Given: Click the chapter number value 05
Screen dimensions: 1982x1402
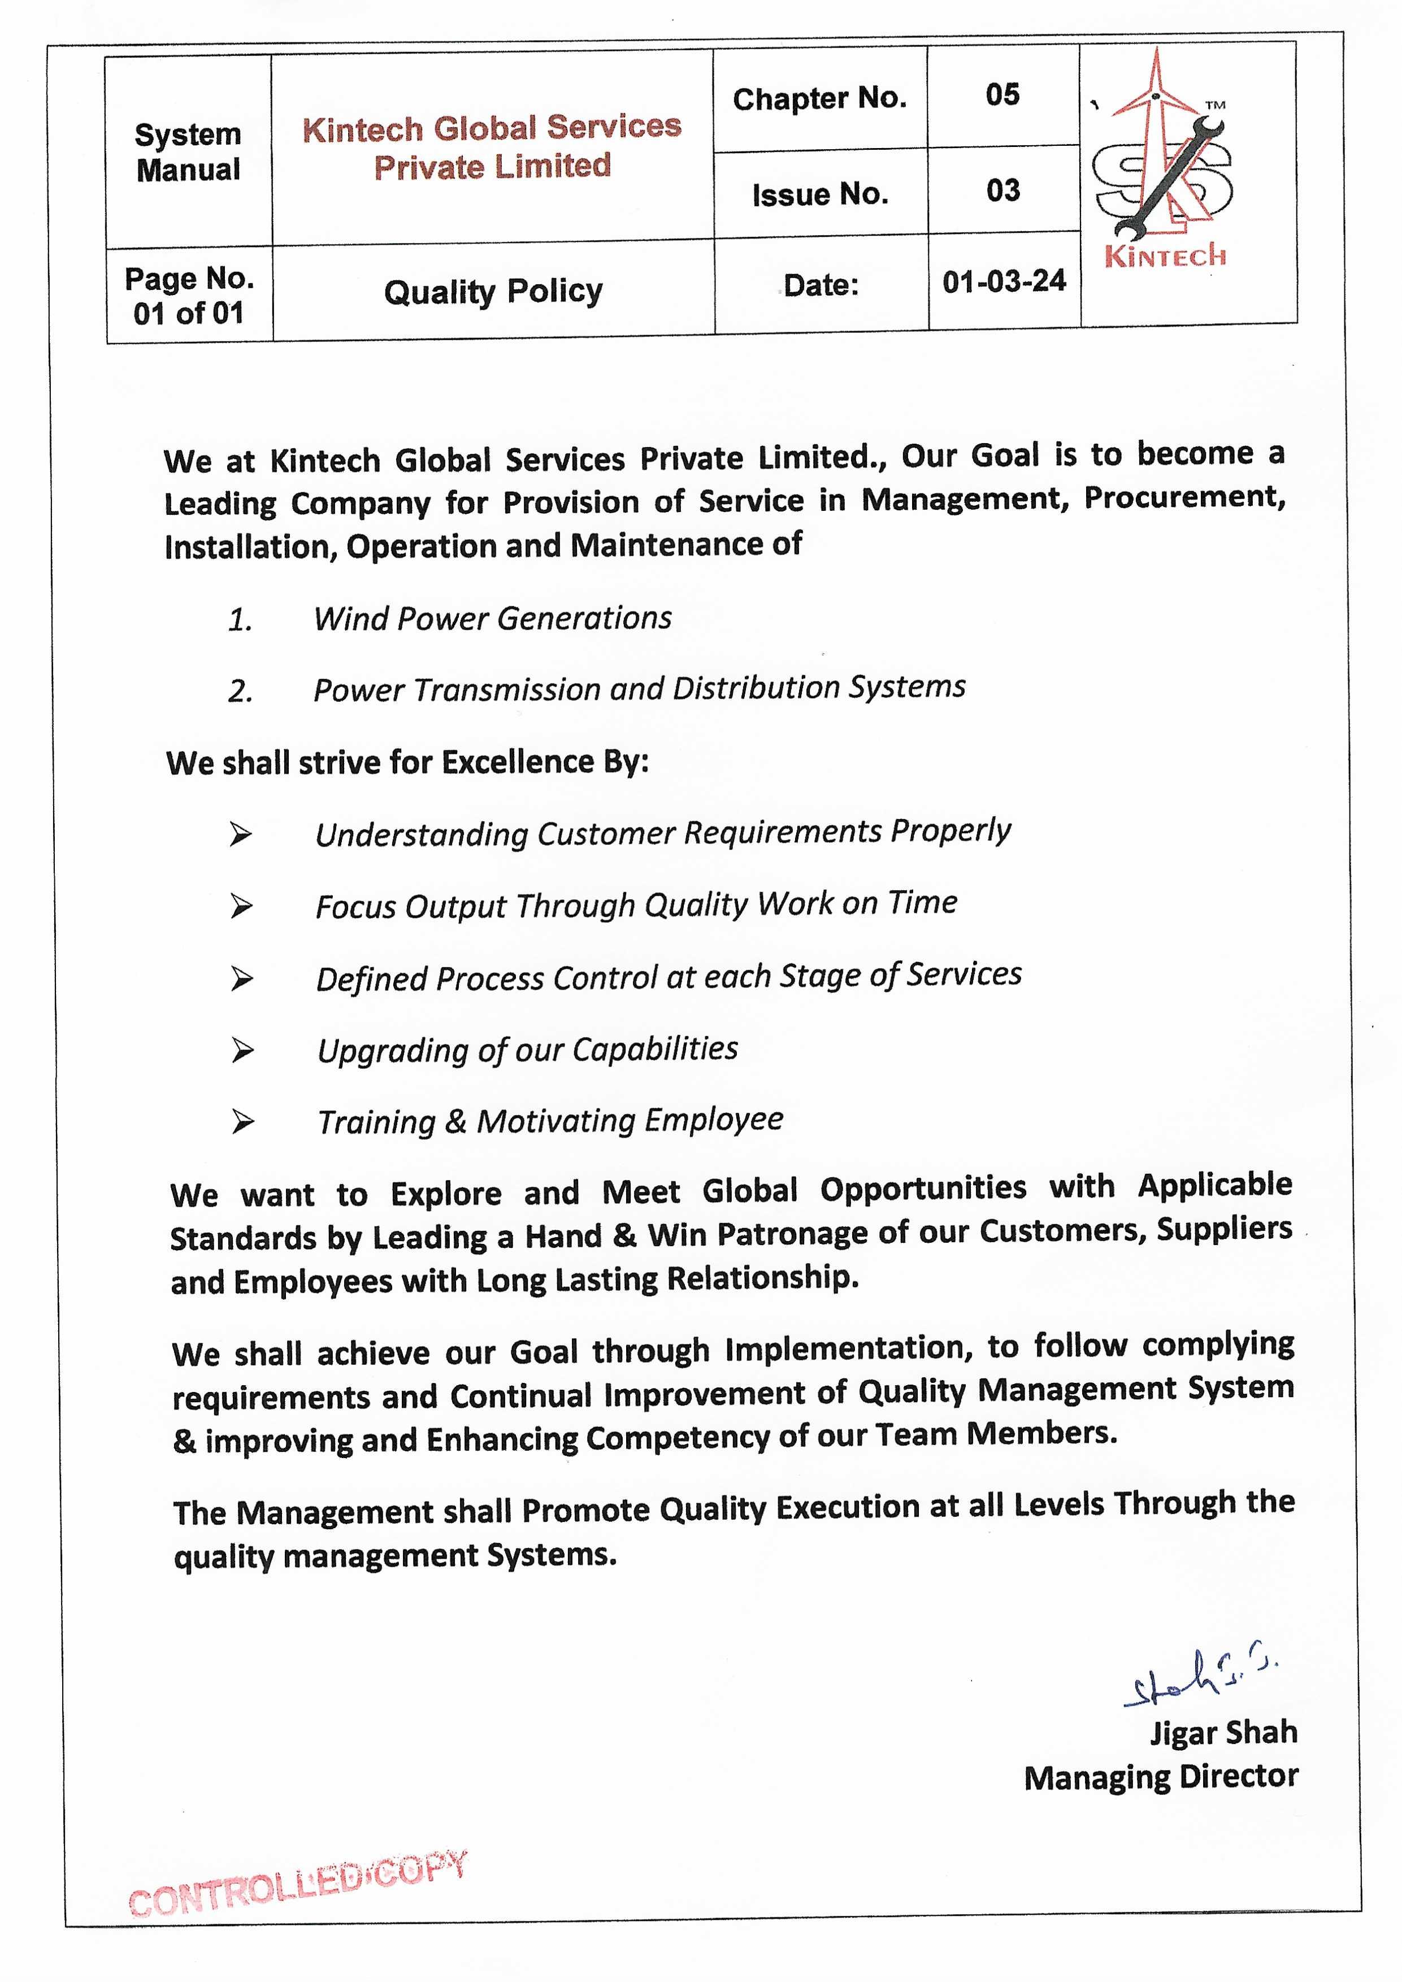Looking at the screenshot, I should [x=1002, y=95].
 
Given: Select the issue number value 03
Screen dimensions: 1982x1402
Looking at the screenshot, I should [x=1002, y=191].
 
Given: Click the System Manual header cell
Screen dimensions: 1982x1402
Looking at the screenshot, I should [x=188, y=152].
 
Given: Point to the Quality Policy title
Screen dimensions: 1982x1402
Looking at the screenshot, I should [x=493, y=292].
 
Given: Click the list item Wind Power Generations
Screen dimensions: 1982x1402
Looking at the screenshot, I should [x=492, y=618].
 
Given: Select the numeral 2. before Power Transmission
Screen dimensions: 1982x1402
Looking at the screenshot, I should [x=240, y=691].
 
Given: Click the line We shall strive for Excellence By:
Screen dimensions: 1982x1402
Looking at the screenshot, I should [x=407, y=763].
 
